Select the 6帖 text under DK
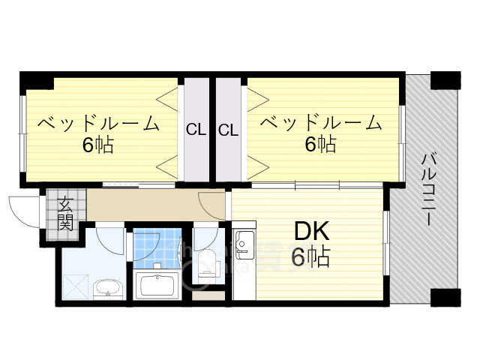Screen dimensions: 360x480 pyautogui.click(x=310, y=258)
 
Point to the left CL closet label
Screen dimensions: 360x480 pyautogui.click(x=196, y=130)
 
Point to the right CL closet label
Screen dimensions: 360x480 pyautogui.click(x=229, y=130)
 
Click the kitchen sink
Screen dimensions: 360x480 pyautogui.click(x=244, y=244)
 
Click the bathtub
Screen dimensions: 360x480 pyautogui.click(x=155, y=286)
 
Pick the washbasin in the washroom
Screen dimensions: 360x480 pyautogui.click(x=109, y=288)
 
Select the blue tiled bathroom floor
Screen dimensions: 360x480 pyautogui.click(x=155, y=247)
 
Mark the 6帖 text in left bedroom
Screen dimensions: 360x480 pyautogui.click(x=98, y=145)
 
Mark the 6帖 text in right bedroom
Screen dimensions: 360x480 pyautogui.click(x=320, y=144)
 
